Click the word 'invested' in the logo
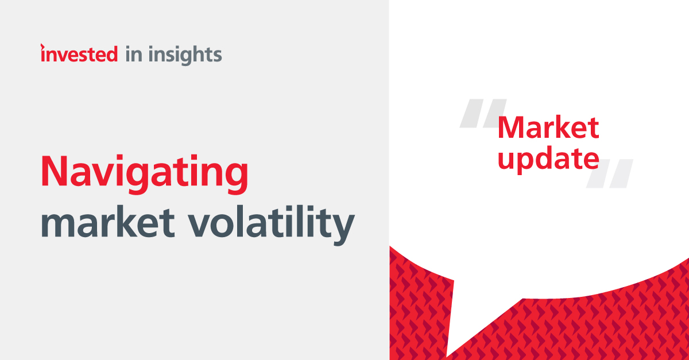point(79,55)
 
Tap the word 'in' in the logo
point(133,55)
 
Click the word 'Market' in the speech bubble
point(548,127)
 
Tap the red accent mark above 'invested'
point(42,45)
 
